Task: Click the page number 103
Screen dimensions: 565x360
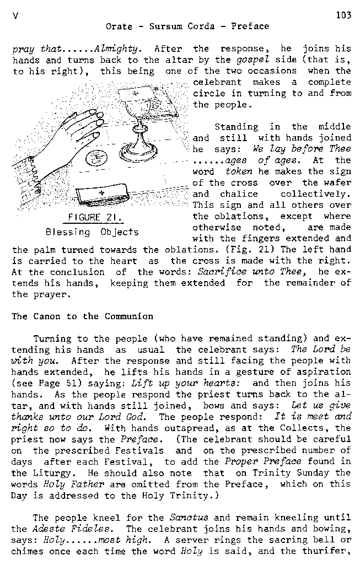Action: (x=343, y=15)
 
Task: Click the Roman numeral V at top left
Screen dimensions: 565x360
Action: (x=14, y=16)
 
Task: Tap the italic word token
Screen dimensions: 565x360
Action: (x=239, y=171)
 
